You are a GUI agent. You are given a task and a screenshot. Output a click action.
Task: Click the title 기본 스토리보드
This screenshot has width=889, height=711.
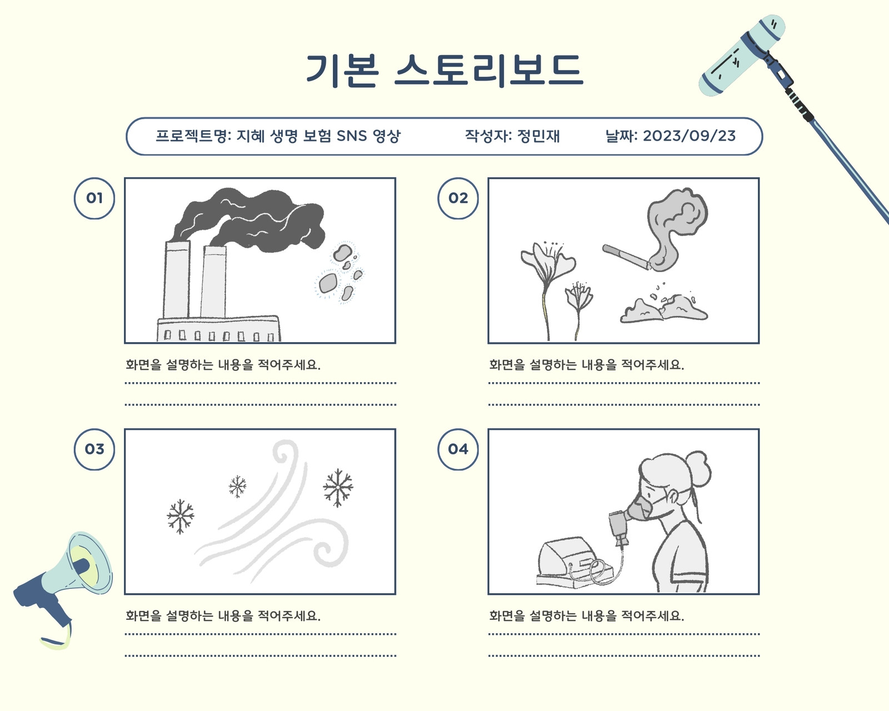pyautogui.click(x=444, y=71)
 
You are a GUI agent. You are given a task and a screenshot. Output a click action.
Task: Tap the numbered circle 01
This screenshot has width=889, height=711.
pyautogui.click(x=94, y=198)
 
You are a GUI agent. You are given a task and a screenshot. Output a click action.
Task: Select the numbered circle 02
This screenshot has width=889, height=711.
pyautogui.click(x=458, y=198)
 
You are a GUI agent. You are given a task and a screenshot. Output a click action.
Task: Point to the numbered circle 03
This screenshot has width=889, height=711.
pyautogui.click(x=94, y=449)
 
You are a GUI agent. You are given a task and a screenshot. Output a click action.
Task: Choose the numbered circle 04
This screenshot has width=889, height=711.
pyautogui.click(x=458, y=449)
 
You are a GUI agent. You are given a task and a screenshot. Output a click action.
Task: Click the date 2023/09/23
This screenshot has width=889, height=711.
pyautogui.click(x=689, y=136)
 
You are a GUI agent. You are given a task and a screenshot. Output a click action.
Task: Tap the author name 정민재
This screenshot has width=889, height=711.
pyautogui.click(x=538, y=136)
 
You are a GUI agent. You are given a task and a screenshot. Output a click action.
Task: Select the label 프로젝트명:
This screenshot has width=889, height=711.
pyautogui.click(x=193, y=136)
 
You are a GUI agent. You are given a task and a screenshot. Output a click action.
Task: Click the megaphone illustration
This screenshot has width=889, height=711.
pyautogui.click(x=63, y=587)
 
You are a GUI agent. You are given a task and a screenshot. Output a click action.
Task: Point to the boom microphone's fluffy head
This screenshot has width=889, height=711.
pyautogui.click(x=742, y=56)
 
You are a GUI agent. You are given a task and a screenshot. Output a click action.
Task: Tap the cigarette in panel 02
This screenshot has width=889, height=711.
pyautogui.click(x=626, y=257)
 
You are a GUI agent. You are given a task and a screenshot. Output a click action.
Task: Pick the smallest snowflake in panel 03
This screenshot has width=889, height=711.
pyautogui.click(x=238, y=487)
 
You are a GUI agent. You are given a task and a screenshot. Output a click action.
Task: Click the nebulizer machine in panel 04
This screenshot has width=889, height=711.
pyautogui.click(x=574, y=563)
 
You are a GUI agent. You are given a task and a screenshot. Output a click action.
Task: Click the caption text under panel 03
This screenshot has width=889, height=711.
pyautogui.click(x=223, y=616)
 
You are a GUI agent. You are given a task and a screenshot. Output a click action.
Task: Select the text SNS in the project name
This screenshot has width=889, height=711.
pyautogui.click(x=352, y=136)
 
